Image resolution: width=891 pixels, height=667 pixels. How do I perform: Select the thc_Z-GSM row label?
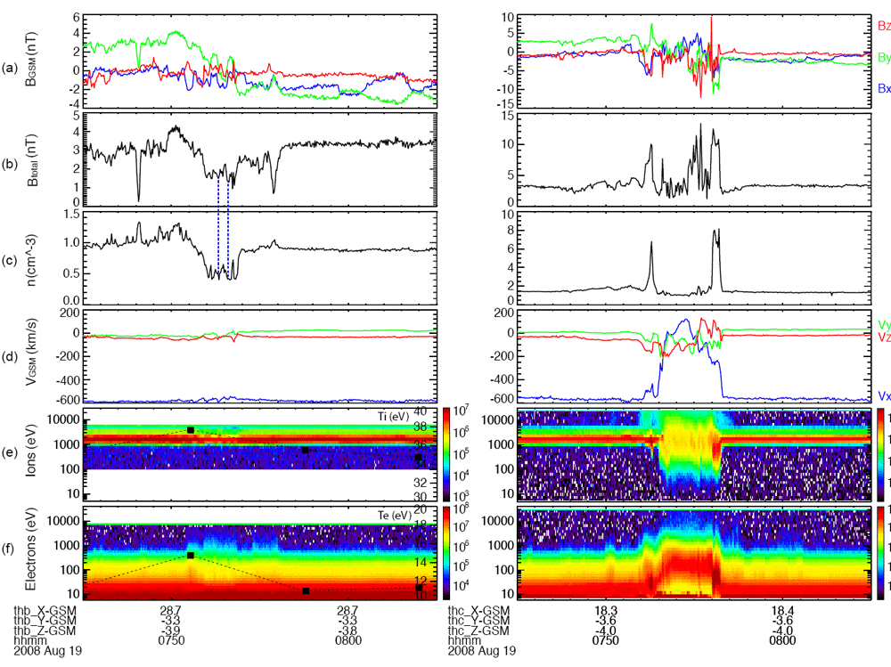click(x=477, y=630)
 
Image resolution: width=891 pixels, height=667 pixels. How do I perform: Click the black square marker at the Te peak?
click(x=191, y=556)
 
